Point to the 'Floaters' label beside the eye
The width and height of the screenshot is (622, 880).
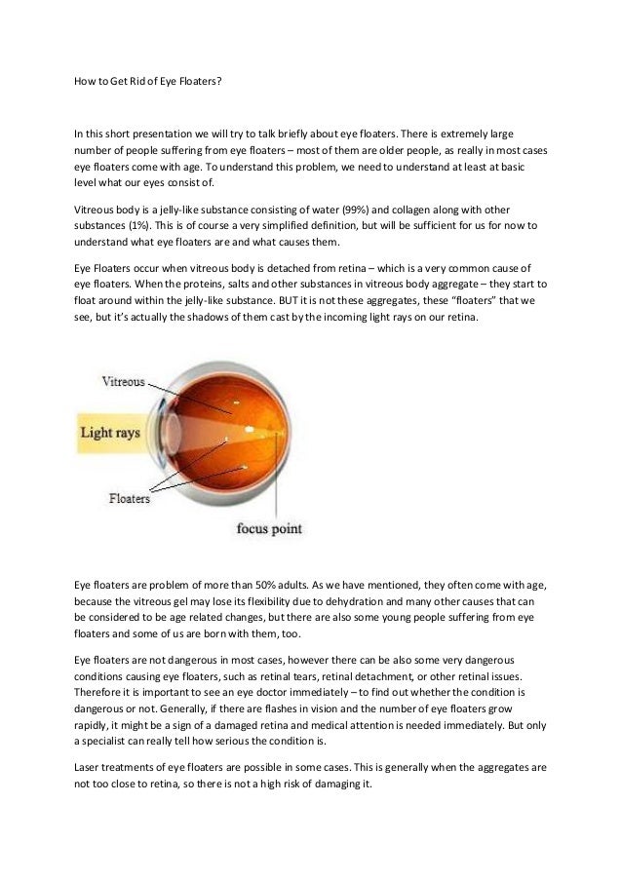tap(128, 499)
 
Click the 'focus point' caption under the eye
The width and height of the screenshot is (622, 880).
tap(270, 529)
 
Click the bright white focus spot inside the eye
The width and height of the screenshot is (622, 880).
tap(251, 429)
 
